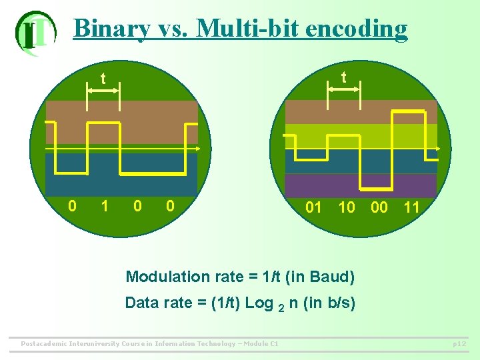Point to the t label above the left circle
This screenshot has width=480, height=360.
click(x=103, y=79)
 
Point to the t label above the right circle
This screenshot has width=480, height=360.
click(x=343, y=77)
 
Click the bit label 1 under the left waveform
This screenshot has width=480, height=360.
click(x=104, y=206)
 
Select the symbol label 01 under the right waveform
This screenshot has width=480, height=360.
click(x=313, y=207)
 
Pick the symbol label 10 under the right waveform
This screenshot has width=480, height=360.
click(x=347, y=207)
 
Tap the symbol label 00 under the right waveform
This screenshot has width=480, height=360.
click(x=379, y=207)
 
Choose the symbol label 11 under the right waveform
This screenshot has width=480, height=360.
click(x=412, y=207)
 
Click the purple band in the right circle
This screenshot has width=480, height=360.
click(x=360, y=185)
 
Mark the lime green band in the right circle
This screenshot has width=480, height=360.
click(x=360, y=136)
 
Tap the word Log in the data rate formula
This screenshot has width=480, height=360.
click(x=259, y=303)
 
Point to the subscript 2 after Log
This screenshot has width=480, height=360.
click(x=281, y=307)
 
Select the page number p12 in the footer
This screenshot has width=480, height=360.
click(x=459, y=344)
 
